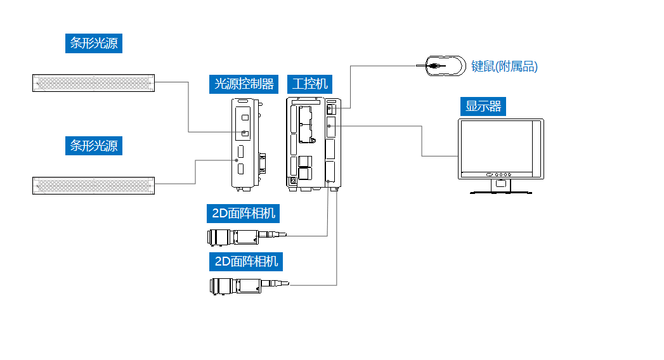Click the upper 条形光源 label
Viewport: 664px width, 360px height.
pos(93,43)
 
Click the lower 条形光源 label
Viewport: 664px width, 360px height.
pos(93,145)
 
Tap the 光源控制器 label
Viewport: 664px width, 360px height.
pos(244,84)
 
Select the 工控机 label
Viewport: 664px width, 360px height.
pos(310,84)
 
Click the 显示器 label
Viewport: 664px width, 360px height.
pos(483,106)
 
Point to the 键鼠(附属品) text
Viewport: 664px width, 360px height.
pos(505,66)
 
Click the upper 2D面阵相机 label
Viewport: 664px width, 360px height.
pos(244,213)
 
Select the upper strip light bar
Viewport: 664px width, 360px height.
pos(93,82)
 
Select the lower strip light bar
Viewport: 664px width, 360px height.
pos(93,185)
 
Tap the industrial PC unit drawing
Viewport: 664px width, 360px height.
pos(314,143)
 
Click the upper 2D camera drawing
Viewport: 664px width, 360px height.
pos(238,238)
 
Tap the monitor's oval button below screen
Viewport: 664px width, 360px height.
pos(489,174)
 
